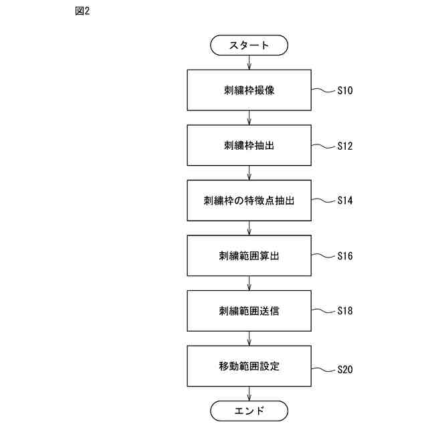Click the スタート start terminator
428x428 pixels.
[x=249, y=45]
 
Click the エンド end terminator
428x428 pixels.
[x=249, y=410]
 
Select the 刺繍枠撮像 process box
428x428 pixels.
[x=249, y=90]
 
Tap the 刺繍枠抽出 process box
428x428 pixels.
[x=249, y=145]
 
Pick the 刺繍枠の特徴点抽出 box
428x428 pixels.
[x=249, y=200]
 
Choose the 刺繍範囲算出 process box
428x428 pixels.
[x=249, y=255]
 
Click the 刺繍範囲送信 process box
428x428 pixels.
[x=249, y=311]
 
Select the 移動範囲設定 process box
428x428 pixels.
[x=249, y=366]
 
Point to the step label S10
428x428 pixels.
[x=345, y=90]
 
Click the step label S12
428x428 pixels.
[x=345, y=145]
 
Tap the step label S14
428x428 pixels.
[x=345, y=200]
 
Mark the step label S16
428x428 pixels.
[x=345, y=255]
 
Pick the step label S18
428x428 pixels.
[x=345, y=311]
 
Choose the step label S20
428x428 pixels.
[x=345, y=369]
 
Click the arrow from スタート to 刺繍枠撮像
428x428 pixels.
[x=249, y=62]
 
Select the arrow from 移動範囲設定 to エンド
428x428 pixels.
[x=249, y=394]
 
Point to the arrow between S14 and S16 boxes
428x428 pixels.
[x=249, y=228]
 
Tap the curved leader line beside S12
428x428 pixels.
[x=323, y=146]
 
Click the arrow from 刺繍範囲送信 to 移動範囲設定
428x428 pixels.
[x=249, y=338]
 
